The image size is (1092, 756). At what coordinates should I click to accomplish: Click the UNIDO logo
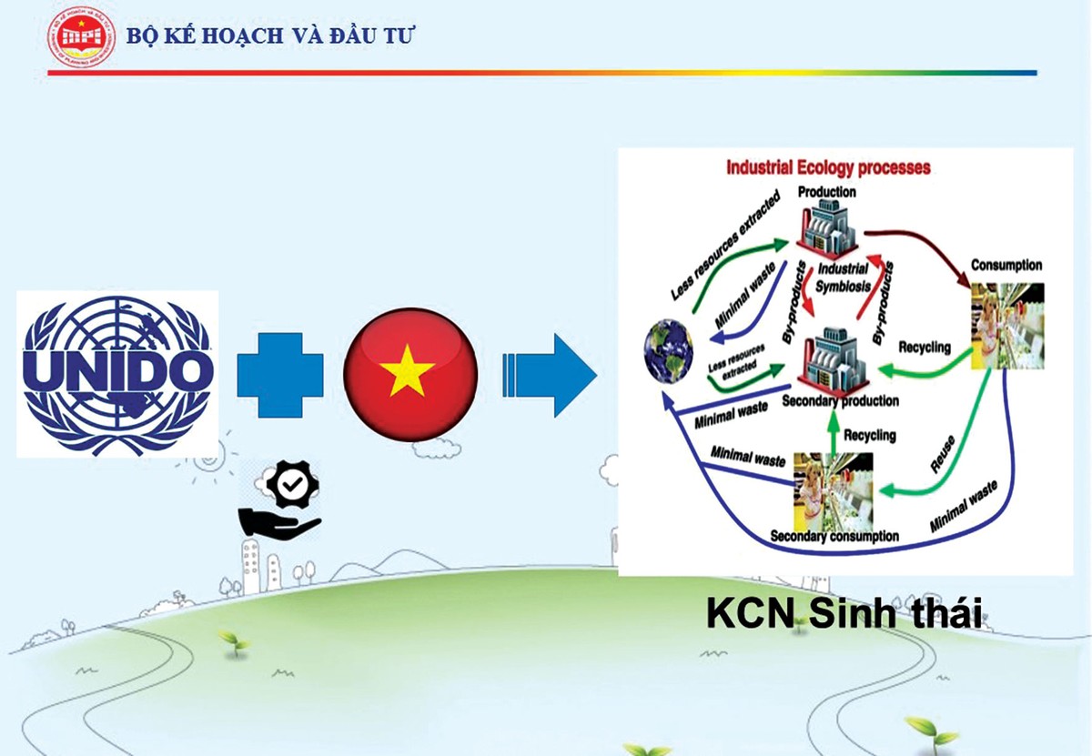(x=118, y=373)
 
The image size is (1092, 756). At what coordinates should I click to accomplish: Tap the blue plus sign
(x=280, y=373)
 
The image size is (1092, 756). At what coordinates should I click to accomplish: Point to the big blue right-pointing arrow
(x=550, y=374)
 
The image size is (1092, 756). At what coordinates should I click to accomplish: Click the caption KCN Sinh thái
(x=845, y=614)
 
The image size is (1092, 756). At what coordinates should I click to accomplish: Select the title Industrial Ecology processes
(x=827, y=168)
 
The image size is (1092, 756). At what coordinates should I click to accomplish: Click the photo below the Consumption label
(x=1006, y=325)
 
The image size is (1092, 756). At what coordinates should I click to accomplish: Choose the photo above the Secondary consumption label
(x=833, y=491)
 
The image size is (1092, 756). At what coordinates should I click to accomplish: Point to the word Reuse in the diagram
(x=944, y=452)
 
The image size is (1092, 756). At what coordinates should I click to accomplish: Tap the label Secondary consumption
(x=834, y=536)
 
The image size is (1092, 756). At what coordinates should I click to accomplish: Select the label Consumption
(x=1006, y=266)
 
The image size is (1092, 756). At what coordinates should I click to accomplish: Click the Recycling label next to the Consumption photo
(x=924, y=347)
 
